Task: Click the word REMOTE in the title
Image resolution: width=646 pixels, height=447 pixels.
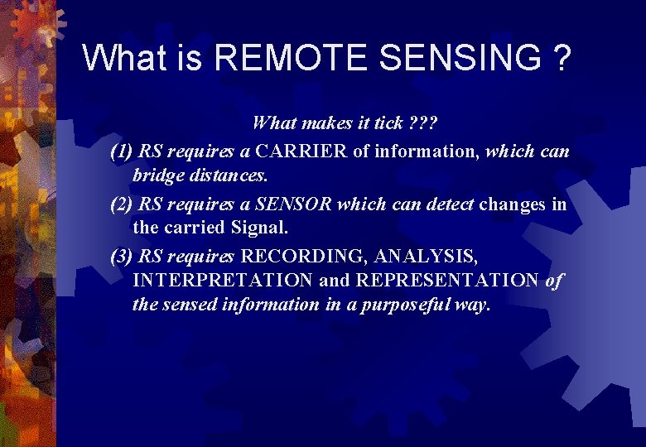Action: (289, 58)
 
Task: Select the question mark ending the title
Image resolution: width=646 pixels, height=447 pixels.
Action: (562, 58)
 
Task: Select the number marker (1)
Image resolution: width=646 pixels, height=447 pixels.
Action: (122, 151)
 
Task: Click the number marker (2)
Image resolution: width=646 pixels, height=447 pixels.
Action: (122, 204)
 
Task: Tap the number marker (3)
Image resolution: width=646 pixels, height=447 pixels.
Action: (122, 256)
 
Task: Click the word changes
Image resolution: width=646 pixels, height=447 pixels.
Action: (514, 204)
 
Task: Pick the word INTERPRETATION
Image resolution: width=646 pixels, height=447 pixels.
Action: (223, 280)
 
